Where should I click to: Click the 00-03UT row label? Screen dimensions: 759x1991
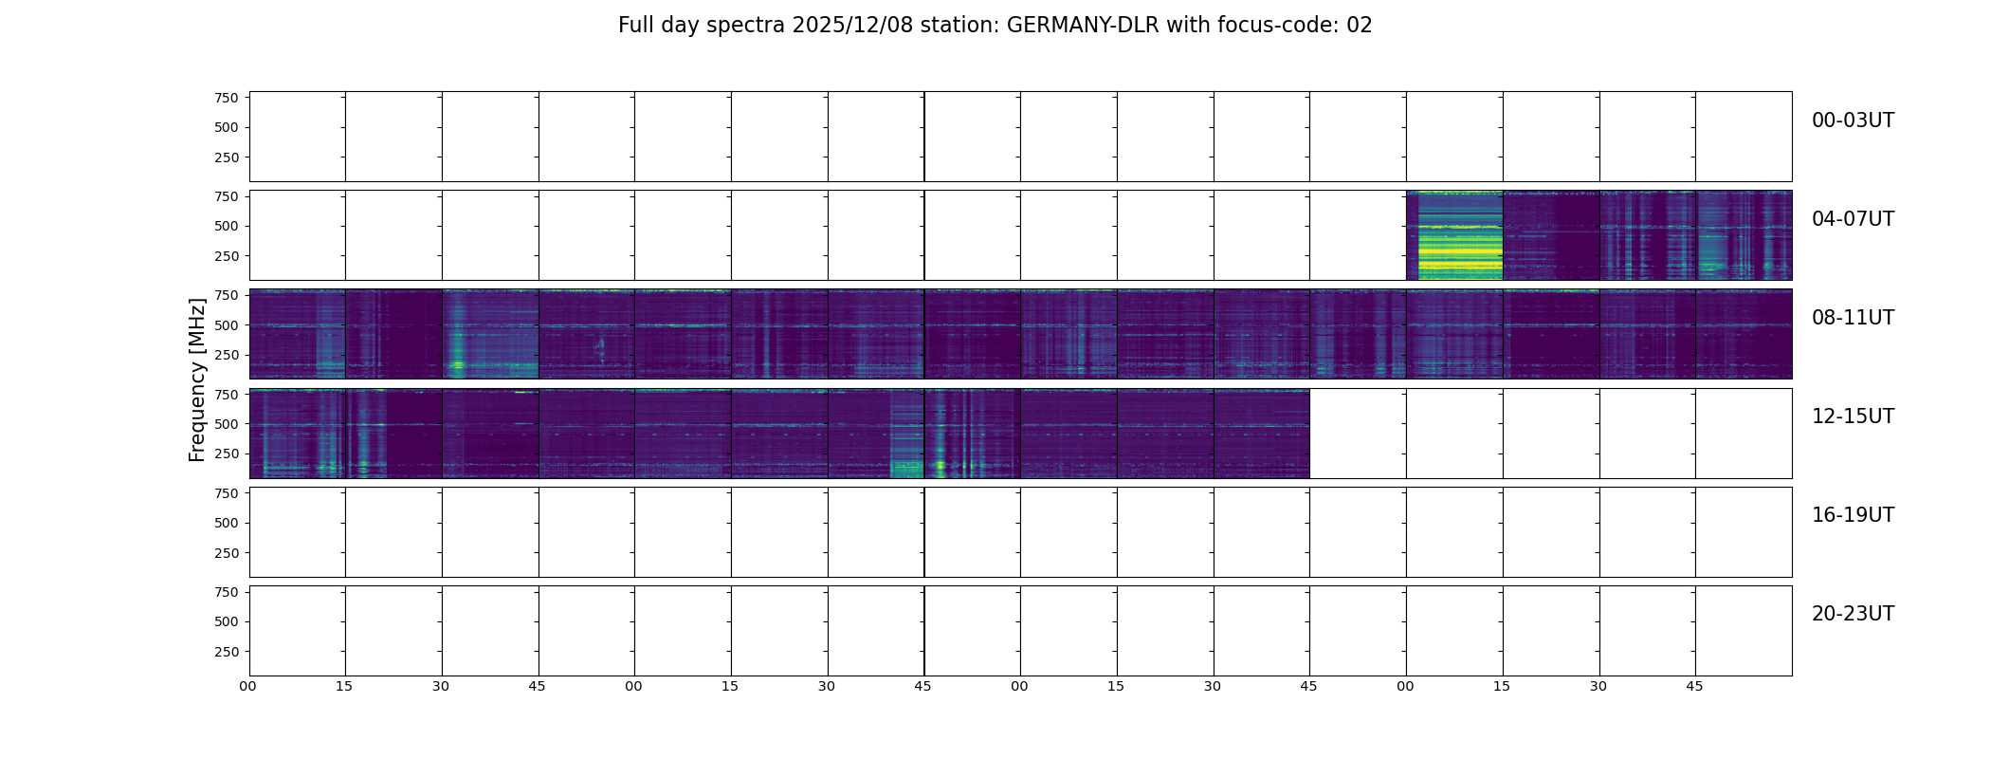pos(1853,120)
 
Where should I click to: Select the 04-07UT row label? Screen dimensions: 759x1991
pos(1853,219)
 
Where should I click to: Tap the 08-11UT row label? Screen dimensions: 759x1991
pos(1853,318)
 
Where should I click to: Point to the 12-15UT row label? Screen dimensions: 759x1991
pos(1853,417)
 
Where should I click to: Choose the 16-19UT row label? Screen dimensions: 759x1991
pos(1853,515)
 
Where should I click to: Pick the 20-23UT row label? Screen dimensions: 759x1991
pos(1853,614)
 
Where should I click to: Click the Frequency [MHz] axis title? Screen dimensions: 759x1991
pos(197,379)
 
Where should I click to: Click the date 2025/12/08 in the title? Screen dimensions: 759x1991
pos(852,26)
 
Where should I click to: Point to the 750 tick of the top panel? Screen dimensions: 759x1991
pos(226,98)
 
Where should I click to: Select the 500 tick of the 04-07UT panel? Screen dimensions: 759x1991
pos(226,227)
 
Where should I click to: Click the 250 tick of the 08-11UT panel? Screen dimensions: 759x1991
pos(226,356)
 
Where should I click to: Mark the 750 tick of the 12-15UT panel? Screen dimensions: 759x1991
pos(226,394)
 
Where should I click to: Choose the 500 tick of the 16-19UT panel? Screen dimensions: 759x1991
pos(226,523)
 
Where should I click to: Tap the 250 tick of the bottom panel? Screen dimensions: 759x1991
pos(226,652)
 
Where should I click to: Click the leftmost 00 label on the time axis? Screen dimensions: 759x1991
pos(248,686)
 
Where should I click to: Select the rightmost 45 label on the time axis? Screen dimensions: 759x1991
pos(1694,686)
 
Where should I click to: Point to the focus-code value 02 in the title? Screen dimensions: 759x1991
pos(1360,26)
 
